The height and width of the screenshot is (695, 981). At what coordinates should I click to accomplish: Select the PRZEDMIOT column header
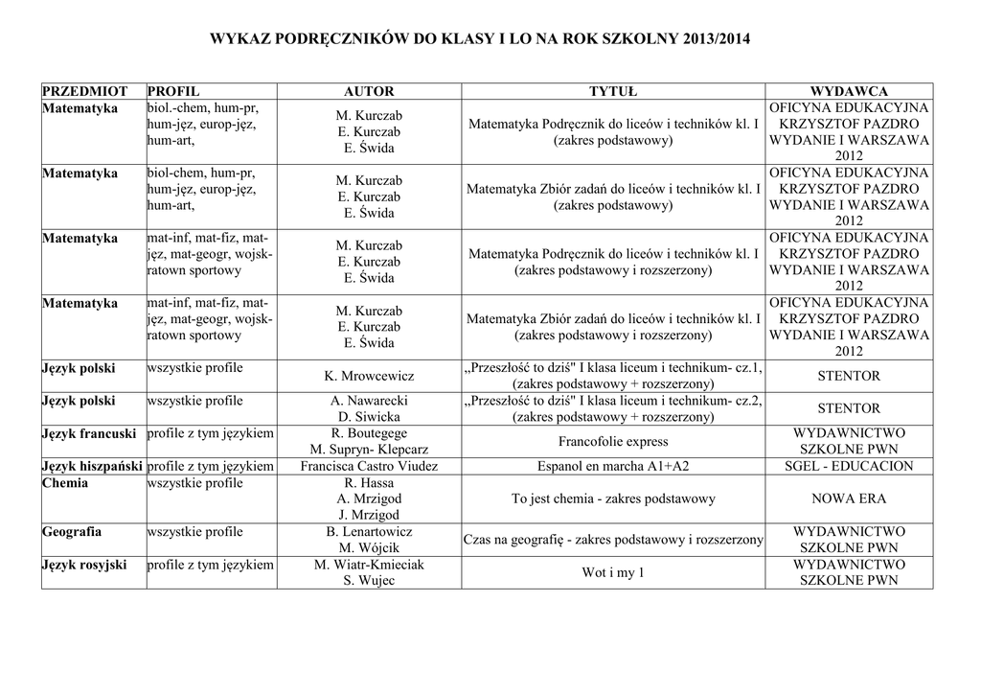pos(80,91)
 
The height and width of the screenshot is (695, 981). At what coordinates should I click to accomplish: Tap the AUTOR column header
pos(369,91)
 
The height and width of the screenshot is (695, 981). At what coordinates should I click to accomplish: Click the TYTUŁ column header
pos(613,91)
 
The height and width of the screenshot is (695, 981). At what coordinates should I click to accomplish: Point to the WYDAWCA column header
pos(848,91)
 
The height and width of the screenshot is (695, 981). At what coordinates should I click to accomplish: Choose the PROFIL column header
pos(172,91)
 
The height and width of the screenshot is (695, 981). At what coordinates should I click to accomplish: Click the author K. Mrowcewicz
pos(369,377)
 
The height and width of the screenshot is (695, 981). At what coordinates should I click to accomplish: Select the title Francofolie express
pos(613,442)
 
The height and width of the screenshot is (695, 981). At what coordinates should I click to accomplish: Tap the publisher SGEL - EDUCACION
pos(848,467)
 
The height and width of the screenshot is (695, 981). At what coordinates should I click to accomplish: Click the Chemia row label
pos(65,483)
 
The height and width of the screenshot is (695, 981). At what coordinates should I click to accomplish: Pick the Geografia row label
pos(72,532)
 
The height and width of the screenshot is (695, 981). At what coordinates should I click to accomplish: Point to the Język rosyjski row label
pos(84,565)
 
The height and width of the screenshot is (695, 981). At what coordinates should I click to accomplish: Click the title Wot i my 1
pos(613,573)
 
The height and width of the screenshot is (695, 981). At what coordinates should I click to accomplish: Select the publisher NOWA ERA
pos(848,499)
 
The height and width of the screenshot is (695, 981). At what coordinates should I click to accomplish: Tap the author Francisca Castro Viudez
pos(369,467)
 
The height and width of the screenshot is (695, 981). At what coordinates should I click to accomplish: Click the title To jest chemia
pos(613,499)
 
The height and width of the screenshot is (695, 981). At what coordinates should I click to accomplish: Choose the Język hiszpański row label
pos(92,467)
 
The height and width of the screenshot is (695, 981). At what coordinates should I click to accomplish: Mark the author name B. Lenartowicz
pos(369,532)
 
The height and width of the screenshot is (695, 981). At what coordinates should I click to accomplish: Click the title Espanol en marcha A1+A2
pos(613,467)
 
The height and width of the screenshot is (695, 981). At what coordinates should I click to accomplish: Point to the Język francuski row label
pos(89,434)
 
